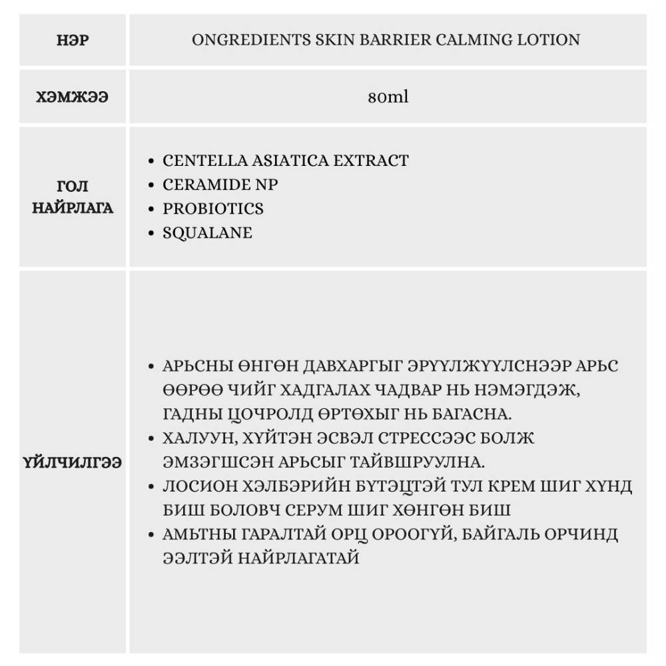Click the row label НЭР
[73, 40]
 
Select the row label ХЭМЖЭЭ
[73, 97]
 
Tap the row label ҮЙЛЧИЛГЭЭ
[73, 462]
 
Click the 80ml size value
[388, 97]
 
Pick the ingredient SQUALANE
[208, 233]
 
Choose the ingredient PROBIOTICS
[213, 208]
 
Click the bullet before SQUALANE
[152, 234]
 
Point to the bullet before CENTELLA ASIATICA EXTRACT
[152, 161]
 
